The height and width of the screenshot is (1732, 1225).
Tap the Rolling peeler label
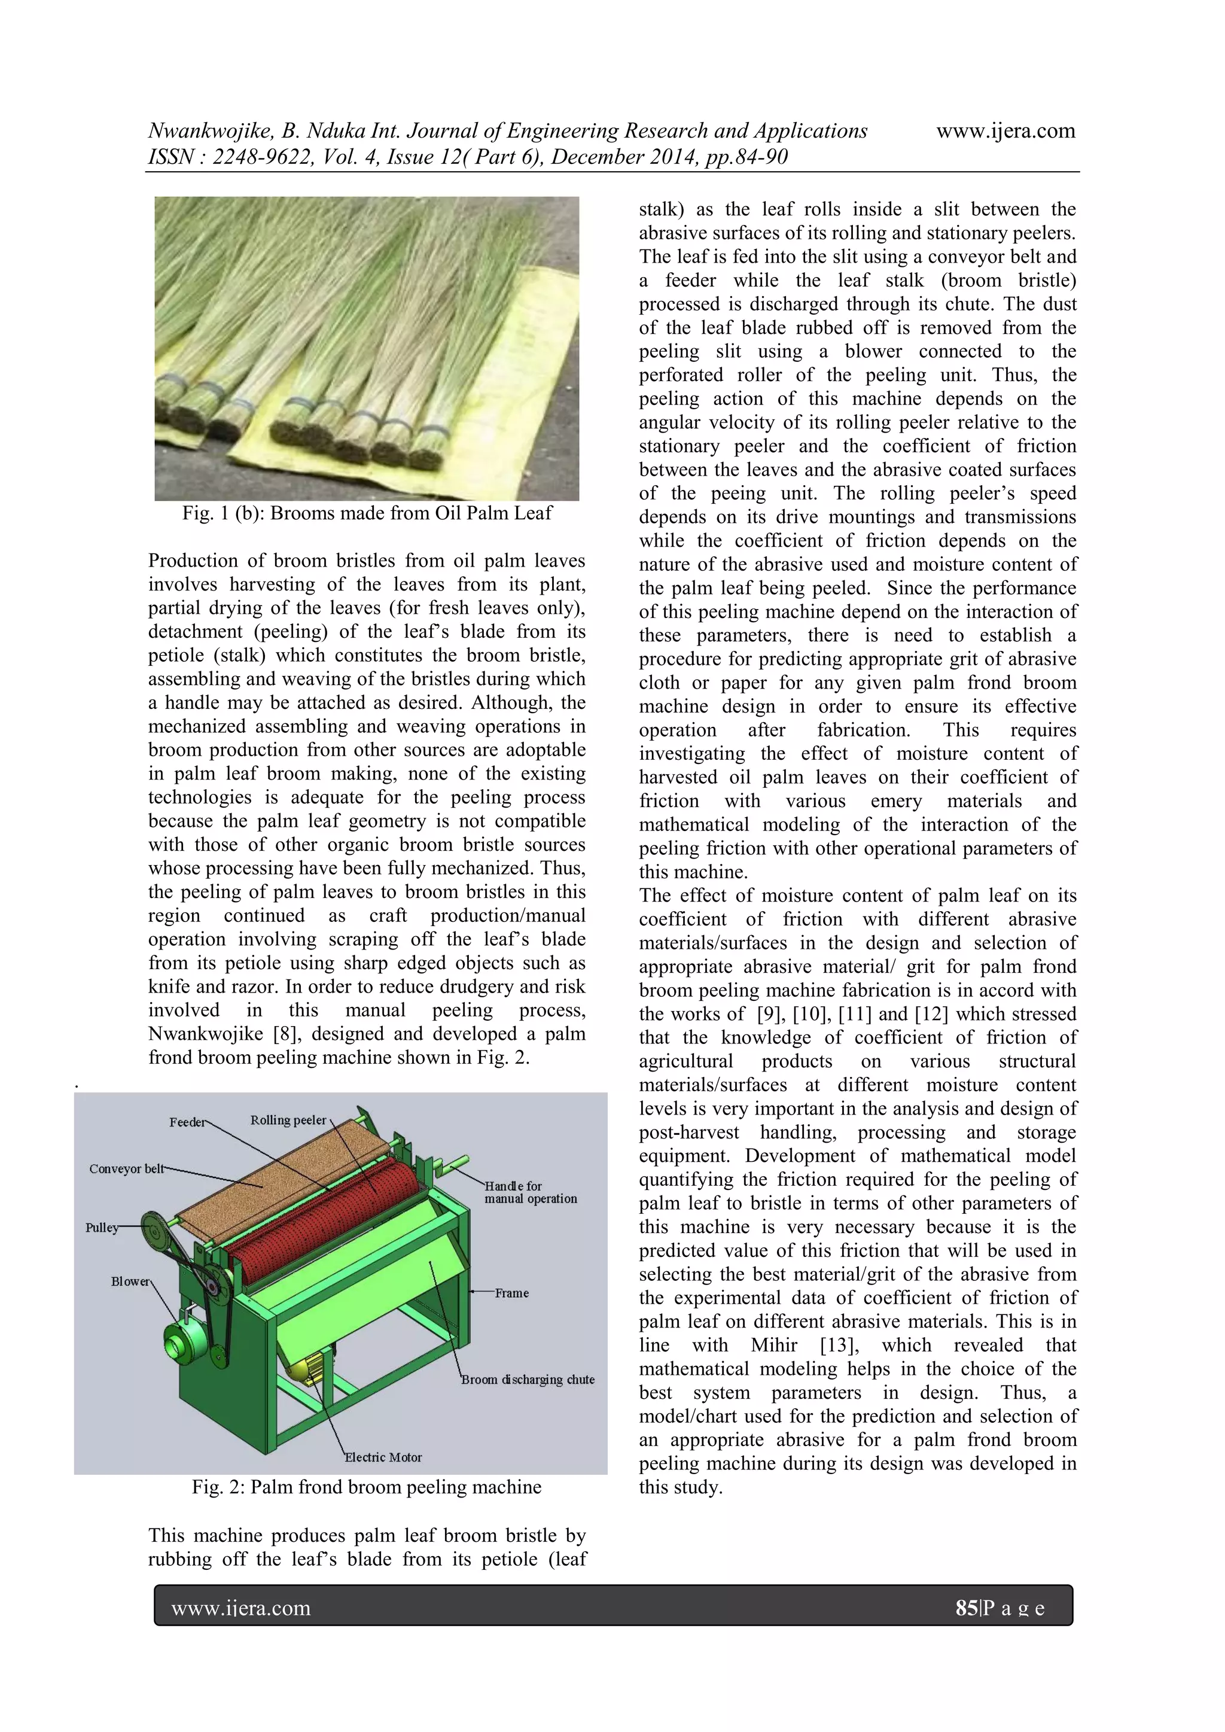(288, 1120)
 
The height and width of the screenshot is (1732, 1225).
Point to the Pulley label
(102, 1227)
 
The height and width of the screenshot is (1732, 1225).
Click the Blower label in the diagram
(130, 1282)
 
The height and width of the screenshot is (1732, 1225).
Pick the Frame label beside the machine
(511, 1293)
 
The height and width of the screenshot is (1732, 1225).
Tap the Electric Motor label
(383, 1457)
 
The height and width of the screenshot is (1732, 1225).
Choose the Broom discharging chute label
(528, 1380)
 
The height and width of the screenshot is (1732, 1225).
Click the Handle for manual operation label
(531, 1192)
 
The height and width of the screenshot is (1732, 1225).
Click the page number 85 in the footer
(965, 1608)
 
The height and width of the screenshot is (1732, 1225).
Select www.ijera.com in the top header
(1005, 131)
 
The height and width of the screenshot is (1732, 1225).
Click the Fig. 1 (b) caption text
(367, 514)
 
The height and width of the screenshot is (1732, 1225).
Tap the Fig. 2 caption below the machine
(367, 1487)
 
